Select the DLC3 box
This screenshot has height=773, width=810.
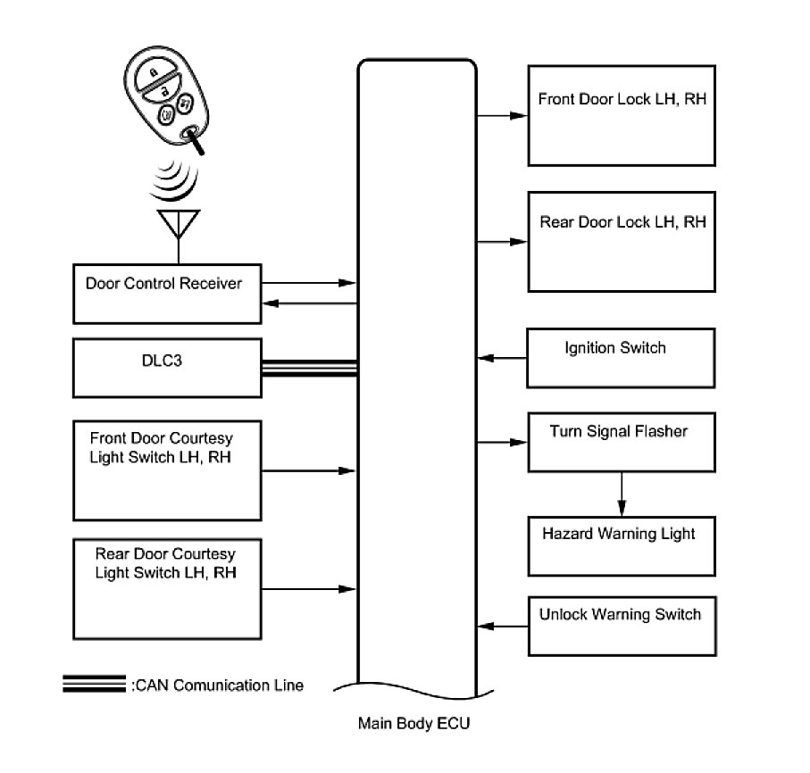click(167, 367)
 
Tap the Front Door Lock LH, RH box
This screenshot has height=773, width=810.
click(622, 115)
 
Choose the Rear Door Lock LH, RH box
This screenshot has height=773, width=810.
click(622, 241)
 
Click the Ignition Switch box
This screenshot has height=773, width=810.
click(622, 358)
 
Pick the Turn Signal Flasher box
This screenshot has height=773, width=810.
click(622, 441)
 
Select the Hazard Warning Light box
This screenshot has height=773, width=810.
click(622, 545)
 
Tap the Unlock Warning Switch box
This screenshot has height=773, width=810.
click(622, 624)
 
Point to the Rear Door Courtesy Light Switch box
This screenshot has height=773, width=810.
click(167, 585)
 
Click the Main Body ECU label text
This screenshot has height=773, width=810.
click(413, 724)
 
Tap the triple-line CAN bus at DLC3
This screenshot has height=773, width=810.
click(309, 368)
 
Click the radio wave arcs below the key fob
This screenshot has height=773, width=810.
click(175, 181)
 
